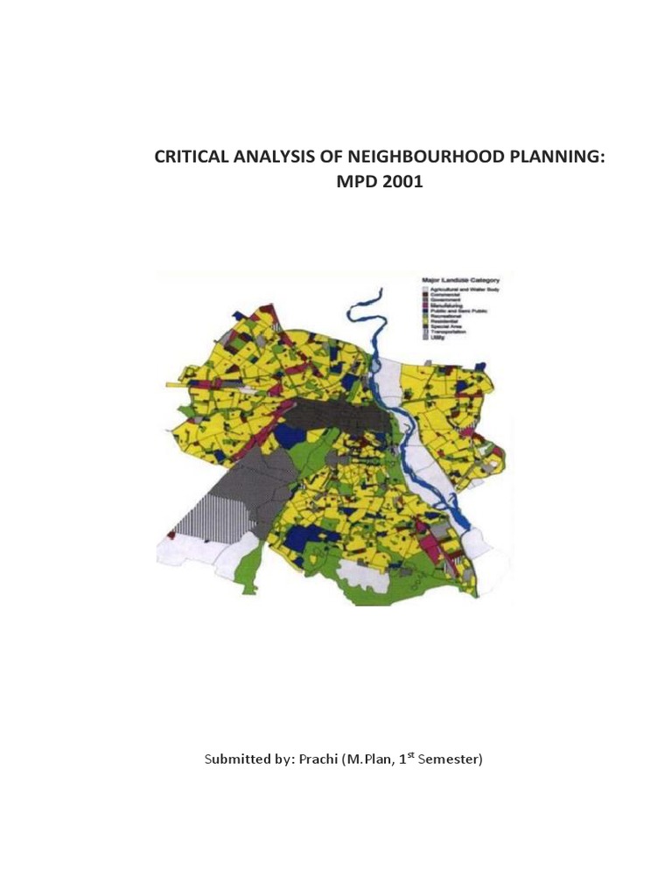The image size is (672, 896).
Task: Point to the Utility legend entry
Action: [x=443, y=338]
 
